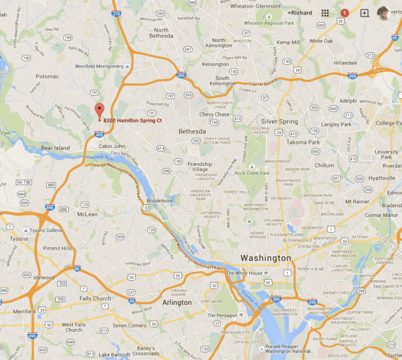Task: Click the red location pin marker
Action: tap(99, 110)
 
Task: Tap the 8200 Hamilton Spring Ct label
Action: tap(131, 120)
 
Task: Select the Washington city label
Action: tap(266, 258)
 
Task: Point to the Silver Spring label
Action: tap(279, 121)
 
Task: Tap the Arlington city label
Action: tap(177, 302)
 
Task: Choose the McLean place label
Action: tap(87, 214)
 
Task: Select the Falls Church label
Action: tap(94, 298)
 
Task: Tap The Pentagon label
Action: tap(222, 315)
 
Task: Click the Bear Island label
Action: tap(56, 148)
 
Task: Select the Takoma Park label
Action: tap(304, 142)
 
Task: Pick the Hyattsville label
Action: tap(381, 178)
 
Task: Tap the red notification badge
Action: tap(345, 12)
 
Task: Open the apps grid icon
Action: tap(325, 12)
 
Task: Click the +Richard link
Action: tap(299, 12)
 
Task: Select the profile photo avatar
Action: tap(383, 12)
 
